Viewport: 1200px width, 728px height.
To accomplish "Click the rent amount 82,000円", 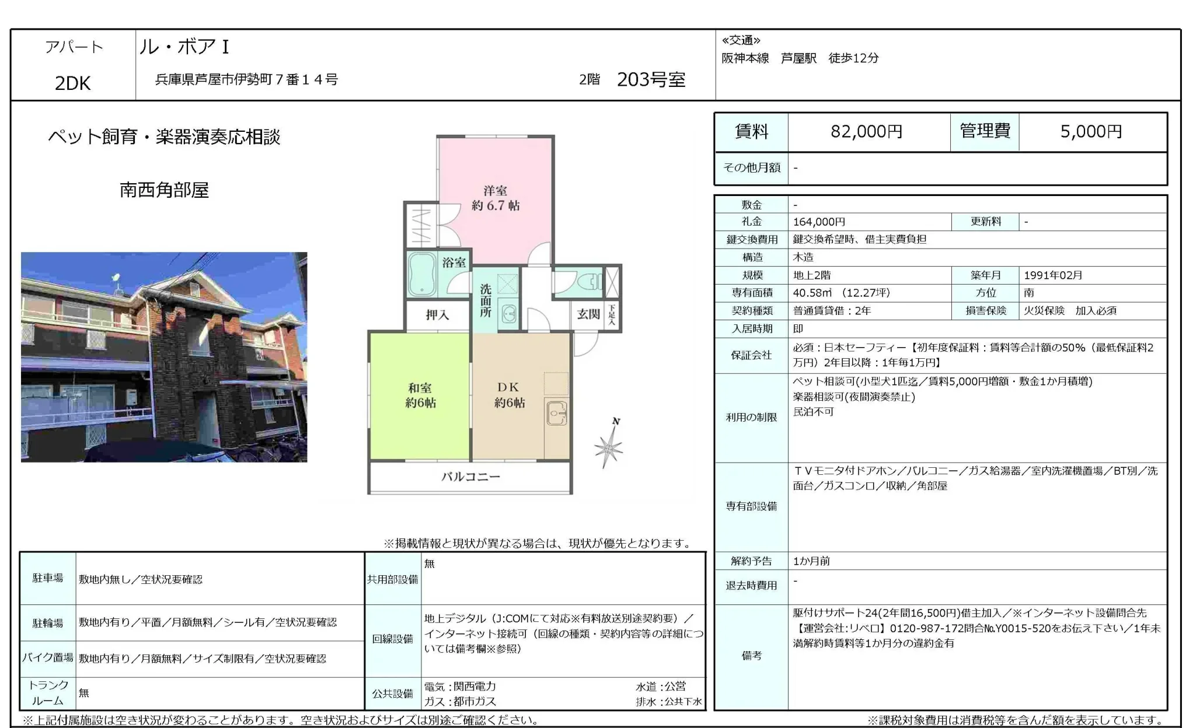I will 866,132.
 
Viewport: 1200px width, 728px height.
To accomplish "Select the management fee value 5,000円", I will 1091,132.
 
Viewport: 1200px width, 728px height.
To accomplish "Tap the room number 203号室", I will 651,79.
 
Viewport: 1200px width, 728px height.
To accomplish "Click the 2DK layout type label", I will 73,83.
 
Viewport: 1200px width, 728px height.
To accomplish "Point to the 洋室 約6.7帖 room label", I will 496,198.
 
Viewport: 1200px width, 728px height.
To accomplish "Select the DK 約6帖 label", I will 509,395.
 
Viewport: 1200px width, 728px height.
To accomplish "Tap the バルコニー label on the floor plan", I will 470,477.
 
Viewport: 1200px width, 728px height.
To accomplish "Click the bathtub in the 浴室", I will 421,274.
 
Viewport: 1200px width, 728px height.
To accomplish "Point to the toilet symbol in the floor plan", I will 587,282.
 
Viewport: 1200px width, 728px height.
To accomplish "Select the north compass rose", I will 609,446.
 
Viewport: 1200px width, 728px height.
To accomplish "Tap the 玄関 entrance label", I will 588,314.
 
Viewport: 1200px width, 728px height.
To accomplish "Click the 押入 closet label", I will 437,315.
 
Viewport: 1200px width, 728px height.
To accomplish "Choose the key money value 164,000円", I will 819,222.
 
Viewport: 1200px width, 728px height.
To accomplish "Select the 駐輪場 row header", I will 48,623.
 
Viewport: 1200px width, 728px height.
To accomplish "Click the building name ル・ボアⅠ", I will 184,47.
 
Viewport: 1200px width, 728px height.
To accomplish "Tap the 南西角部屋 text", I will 164,190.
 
